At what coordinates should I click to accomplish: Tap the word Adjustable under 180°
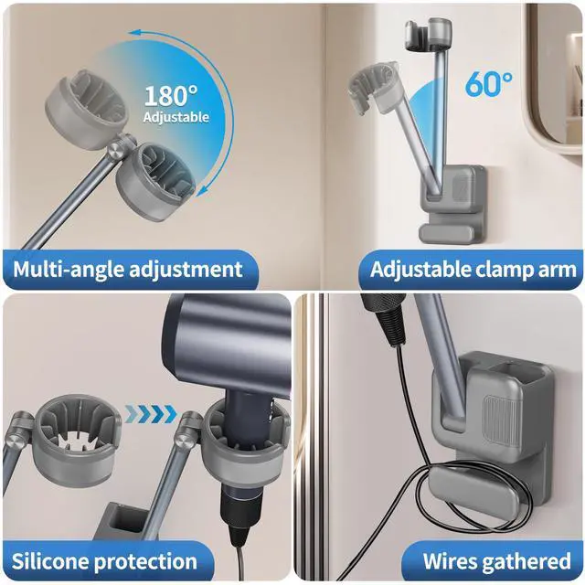coord(175,117)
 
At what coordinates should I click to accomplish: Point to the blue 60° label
coord(489,83)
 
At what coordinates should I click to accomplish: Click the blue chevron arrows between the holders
coord(151,414)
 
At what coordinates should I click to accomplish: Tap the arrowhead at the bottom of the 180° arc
coord(202,190)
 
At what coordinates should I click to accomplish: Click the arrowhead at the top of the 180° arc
coord(134,33)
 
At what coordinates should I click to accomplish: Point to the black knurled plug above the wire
coord(385,316)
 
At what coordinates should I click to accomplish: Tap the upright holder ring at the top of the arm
coord(429,35)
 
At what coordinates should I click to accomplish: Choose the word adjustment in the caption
coord(186,270)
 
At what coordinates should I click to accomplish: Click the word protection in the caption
coord(145,562)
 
